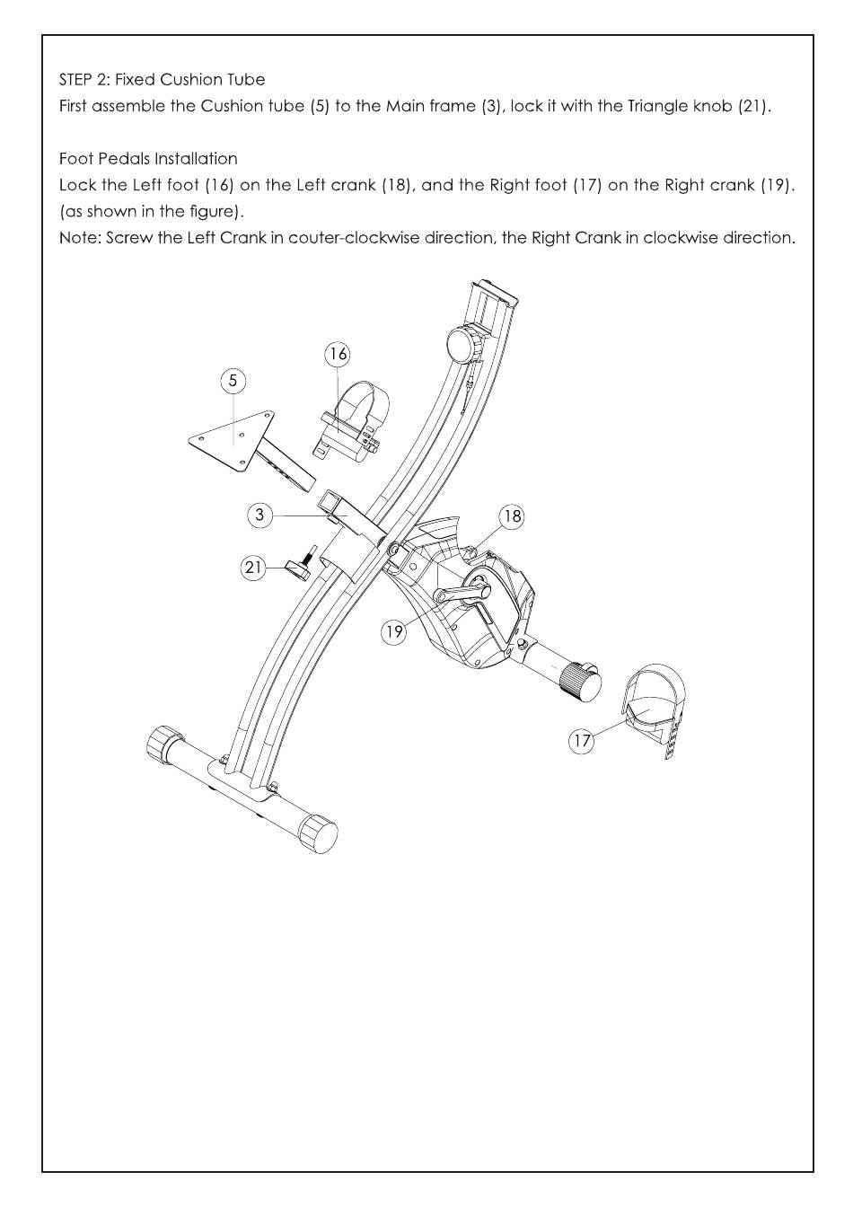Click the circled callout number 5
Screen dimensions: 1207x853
click(233, 381)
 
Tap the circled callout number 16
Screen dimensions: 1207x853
click(337, 354)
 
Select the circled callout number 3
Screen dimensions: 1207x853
click(259, 515)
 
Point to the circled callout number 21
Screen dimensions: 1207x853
click(253, 568)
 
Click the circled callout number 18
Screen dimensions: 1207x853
click(512, 516)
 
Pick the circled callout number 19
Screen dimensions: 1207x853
click(394, 631)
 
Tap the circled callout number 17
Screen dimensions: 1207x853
click(582, 741)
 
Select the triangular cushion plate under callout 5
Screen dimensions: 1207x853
click(229, 439)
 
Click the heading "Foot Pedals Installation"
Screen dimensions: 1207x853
click(148, 159)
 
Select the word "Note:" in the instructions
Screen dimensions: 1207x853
click(79, 239)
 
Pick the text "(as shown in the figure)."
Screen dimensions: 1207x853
click(152, 212)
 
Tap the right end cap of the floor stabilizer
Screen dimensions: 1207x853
click(319, 833)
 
